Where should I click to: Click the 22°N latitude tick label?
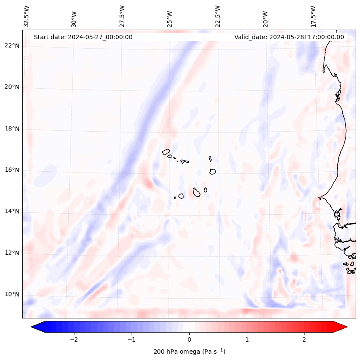tap(12, 46)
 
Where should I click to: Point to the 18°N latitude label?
tap(12, 129)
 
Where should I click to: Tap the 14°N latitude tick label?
tap(12, 211)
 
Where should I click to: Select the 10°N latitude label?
tap(12, 295)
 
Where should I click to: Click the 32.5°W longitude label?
tap(27, 16)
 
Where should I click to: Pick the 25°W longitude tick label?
tap(170, 16)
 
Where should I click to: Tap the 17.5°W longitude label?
tap(314, 16)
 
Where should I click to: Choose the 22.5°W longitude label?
tap(218, 16)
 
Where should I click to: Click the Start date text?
tap(83, 37)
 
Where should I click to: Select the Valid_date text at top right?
tap(289, 37)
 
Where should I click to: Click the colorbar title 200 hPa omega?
tap(189, 352)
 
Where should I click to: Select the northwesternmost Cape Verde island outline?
tap(166, 151)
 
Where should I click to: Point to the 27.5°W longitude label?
tap(122, 16)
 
